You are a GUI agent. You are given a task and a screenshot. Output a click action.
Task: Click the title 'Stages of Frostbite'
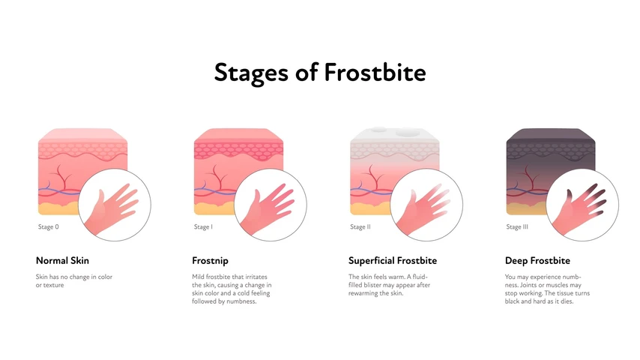point(320,72)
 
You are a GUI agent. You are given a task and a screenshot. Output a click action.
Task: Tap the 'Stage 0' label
point(48,226)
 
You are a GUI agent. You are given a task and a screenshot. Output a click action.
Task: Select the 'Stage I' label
point(203,226)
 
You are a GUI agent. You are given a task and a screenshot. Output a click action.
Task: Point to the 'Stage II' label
point(360,226)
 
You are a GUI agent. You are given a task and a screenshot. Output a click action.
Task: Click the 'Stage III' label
point(517,226)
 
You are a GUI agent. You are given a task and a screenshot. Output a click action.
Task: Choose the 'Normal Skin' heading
point(62,261)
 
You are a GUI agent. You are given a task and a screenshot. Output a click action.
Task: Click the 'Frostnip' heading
point(211,261)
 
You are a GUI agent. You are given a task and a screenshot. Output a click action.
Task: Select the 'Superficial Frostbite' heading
point(393,261)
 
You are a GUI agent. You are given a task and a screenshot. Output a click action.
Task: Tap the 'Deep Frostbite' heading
point(537,261)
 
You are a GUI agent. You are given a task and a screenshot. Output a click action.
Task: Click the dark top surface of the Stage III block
point(551,136)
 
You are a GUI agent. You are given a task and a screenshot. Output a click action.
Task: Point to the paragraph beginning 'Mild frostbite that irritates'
point(232,289)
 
